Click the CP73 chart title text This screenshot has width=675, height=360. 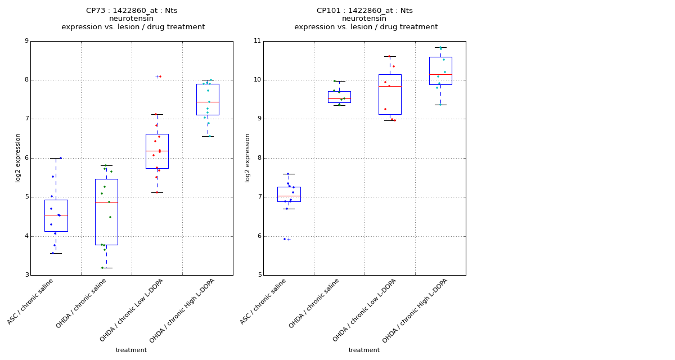point(132,11)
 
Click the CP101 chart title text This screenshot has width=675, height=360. point(364,11)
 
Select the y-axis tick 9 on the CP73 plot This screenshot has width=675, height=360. point(26,41)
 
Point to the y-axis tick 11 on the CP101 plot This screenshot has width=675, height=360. point(258,41)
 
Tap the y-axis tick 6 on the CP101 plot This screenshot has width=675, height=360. point(259,236)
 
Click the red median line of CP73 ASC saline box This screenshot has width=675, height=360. point(56,215)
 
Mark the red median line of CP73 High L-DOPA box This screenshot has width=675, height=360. point(208,102)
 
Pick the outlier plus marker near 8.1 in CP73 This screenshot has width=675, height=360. point(157,76)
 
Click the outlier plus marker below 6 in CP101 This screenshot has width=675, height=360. point(289,239)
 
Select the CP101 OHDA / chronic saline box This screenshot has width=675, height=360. point(339,97)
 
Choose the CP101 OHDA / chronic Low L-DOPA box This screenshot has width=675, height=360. point(390,94)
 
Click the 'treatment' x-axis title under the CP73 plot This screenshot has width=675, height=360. point(131,350)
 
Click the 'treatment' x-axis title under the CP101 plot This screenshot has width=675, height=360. point(364,350)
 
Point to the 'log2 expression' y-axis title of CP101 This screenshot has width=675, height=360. point(247,157)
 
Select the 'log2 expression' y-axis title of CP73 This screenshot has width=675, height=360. point(18,157)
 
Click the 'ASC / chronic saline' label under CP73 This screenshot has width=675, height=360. point(31,301)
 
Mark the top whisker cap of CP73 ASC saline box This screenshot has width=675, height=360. point(56,158)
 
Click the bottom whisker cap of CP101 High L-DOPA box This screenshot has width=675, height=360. point(440,105)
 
